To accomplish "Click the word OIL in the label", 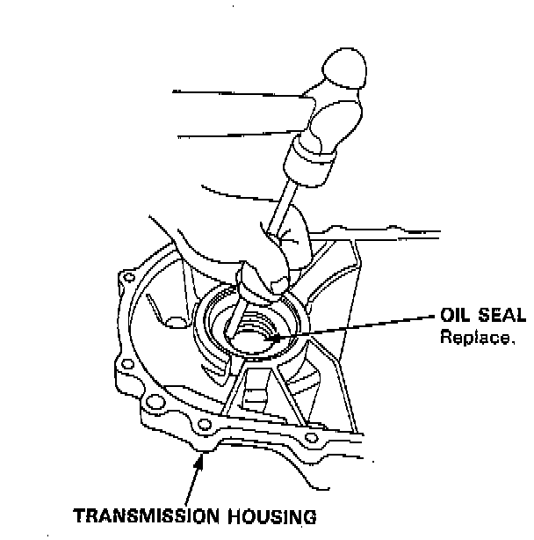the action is (456, 316).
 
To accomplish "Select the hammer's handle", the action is (228, 114).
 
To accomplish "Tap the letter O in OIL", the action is (446, 316).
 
